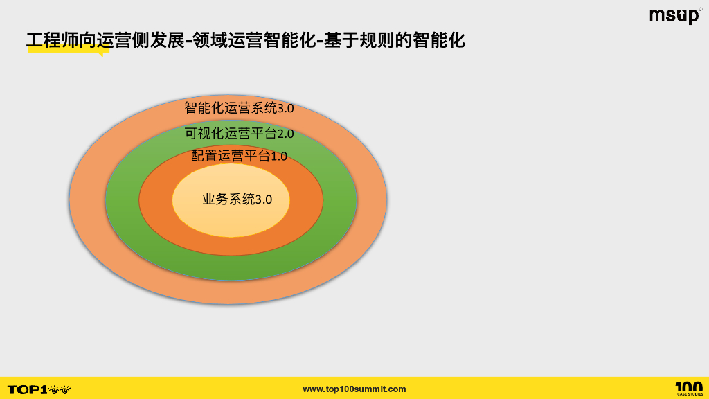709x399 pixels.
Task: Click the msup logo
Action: [674, 16]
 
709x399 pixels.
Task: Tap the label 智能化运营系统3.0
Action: [239, 108]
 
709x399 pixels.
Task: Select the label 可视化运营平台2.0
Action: [239, 133]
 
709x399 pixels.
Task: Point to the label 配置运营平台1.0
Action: [239, 156]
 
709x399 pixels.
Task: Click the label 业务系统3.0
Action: [237, 199]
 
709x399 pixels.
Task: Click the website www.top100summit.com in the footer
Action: [354, 389]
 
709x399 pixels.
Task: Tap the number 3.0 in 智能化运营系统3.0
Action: [285, 108]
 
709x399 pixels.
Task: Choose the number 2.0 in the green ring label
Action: [285, 133]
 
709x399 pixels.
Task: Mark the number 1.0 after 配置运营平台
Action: [278, 156]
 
